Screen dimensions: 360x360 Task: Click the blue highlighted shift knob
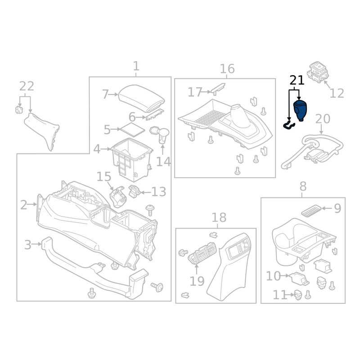point(300,111)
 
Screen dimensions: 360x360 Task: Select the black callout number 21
point(297,81)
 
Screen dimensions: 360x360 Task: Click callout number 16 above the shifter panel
point(227,69)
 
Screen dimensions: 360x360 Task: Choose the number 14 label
point(163,161)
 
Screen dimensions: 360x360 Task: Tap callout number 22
point(27,86)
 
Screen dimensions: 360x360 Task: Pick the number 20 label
point(323,119)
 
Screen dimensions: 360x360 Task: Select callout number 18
point(219,218)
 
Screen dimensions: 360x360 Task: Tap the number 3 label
point(27,245)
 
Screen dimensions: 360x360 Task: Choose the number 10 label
point(273,275)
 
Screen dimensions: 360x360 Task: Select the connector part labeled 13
point(135,191)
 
